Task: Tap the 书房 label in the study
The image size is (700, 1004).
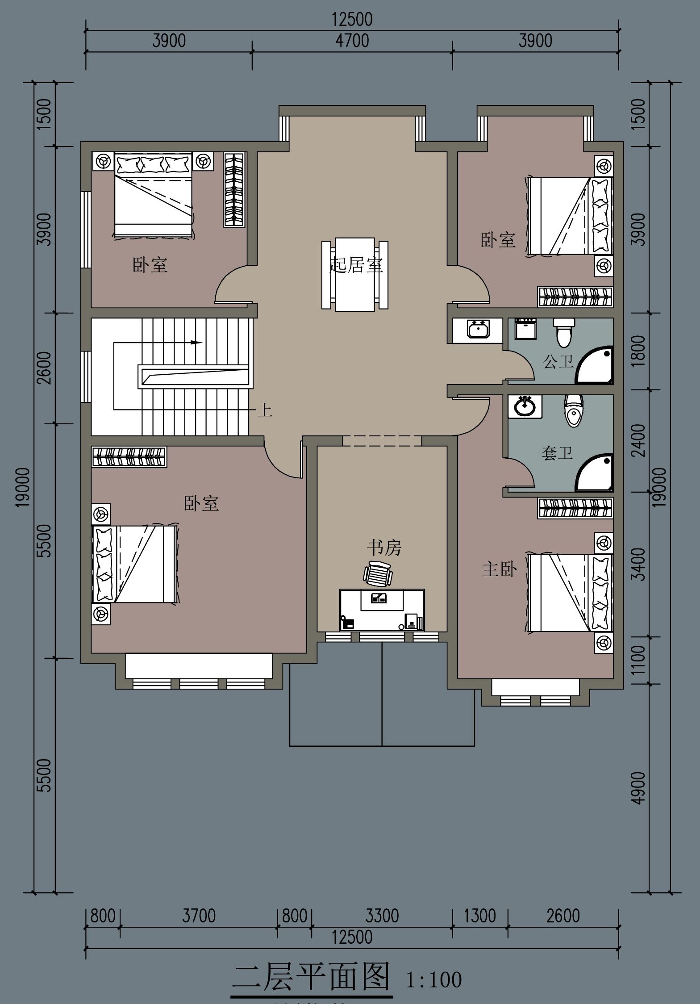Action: (x=384, y=548)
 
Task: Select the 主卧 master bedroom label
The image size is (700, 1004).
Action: (x=500, y=569)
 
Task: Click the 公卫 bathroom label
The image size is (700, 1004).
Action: (x=558, y=361)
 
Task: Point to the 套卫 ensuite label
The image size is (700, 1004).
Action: (x=557, y=453)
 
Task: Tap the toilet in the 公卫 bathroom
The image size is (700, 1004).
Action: (x=563, y=332)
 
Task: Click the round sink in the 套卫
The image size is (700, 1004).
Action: (x=525, y=406)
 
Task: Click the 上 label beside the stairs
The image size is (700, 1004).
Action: (x=265, y=410)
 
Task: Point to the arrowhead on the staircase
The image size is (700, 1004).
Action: (x=196, y=343)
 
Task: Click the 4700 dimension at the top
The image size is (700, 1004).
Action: (x=353, y=41)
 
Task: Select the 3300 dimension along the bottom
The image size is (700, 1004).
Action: (x=382, y=916)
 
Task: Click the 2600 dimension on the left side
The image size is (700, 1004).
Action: (x=44, y=368)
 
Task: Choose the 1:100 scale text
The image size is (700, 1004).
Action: (x=434, y=980)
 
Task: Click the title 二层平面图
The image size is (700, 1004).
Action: (x=312, y=977)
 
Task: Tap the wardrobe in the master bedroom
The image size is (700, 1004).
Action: (x=575, y=508)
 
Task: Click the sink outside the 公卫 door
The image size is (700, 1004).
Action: (x=478, y=330)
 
